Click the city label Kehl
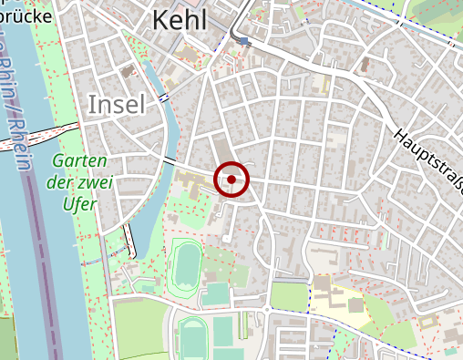(x=180, y=19)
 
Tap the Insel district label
(x=117, y=105)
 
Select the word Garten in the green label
(x=77, y=160)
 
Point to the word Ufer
(x=79, y=203)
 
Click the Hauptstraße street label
(x=428, y=160)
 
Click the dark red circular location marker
(x=231, y=180)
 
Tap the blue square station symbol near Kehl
(x=242, y=41)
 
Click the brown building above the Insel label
(x=129, y=70)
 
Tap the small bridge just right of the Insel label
(x=163, y=97)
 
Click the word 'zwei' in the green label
(x=95, y=181)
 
